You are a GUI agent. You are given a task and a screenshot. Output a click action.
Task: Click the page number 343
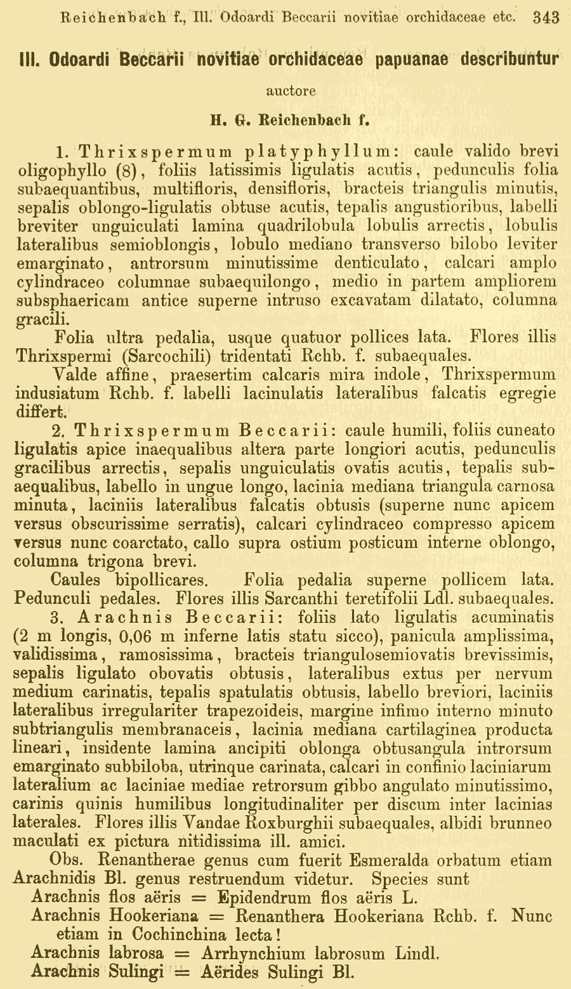pos(546,18)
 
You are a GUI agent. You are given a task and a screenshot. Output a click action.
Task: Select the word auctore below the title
pos(291,91)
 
